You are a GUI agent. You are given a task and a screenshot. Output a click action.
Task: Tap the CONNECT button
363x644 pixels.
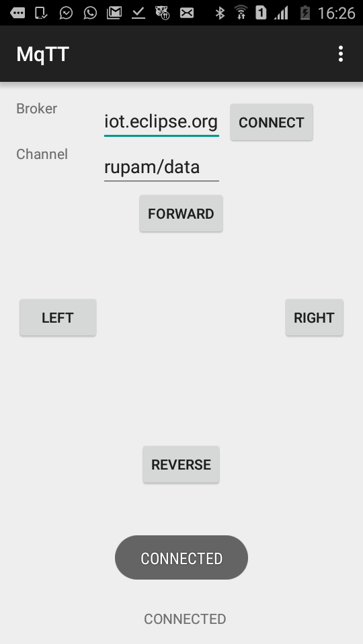[x=272, y=122]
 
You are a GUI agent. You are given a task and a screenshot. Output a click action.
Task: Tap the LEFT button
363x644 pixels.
[x=58, y=317]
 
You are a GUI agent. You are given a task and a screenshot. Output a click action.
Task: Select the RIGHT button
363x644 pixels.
[x=314, y=317]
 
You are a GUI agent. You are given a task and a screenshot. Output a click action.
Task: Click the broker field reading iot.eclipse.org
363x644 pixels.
[x=161, y=122]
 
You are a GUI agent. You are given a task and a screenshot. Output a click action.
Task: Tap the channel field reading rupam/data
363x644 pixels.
[x=161, y=167]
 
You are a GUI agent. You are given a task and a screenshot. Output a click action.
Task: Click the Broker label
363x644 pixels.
[x=36, y=109]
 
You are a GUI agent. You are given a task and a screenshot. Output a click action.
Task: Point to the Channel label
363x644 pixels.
[x=42, y=154]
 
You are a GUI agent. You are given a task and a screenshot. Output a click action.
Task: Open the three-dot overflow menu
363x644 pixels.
[x=340, y=54]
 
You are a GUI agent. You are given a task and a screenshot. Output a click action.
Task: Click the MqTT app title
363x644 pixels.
[x=42, y=54]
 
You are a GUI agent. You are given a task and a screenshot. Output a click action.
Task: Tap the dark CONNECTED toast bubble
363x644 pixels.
[x=182, y=557]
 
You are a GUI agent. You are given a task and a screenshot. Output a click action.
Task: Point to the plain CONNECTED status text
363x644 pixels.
[x=185, y=619]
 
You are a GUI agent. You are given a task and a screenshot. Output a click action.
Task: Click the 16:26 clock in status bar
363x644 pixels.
[x=336, y=13]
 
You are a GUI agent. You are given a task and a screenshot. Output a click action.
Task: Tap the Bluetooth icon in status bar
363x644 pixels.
[x=220, y=13]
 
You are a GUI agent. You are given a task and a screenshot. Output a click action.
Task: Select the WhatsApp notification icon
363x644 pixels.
[x=90, y=13]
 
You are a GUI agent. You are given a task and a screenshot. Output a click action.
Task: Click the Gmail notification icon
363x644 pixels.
[x=114, y=13]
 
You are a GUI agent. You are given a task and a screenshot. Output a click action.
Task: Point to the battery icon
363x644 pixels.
[x=305, y=13]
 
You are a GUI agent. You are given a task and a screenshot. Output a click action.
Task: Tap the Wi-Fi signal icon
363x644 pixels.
[x=241, y=13]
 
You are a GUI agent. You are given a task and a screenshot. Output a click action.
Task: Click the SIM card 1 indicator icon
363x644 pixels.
[x=261, y=13]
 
